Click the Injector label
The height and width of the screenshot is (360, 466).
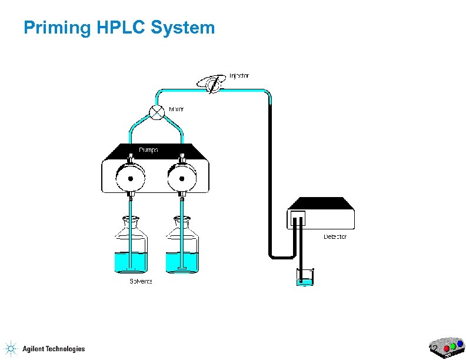coord(239,76)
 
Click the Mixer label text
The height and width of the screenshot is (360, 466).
coord(177,109)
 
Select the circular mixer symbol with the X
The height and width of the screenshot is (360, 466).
coord(156,112)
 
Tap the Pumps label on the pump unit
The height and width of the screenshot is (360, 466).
coord(148,150)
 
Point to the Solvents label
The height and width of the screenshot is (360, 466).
coord(141,281)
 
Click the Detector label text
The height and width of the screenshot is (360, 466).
coord(335,236)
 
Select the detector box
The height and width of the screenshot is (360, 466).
coord(321,215)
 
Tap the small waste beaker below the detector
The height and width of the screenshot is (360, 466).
coord(305,277)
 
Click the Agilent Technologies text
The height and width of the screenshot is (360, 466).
coord(54,349)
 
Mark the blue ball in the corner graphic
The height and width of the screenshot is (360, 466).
coord(459,343)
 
